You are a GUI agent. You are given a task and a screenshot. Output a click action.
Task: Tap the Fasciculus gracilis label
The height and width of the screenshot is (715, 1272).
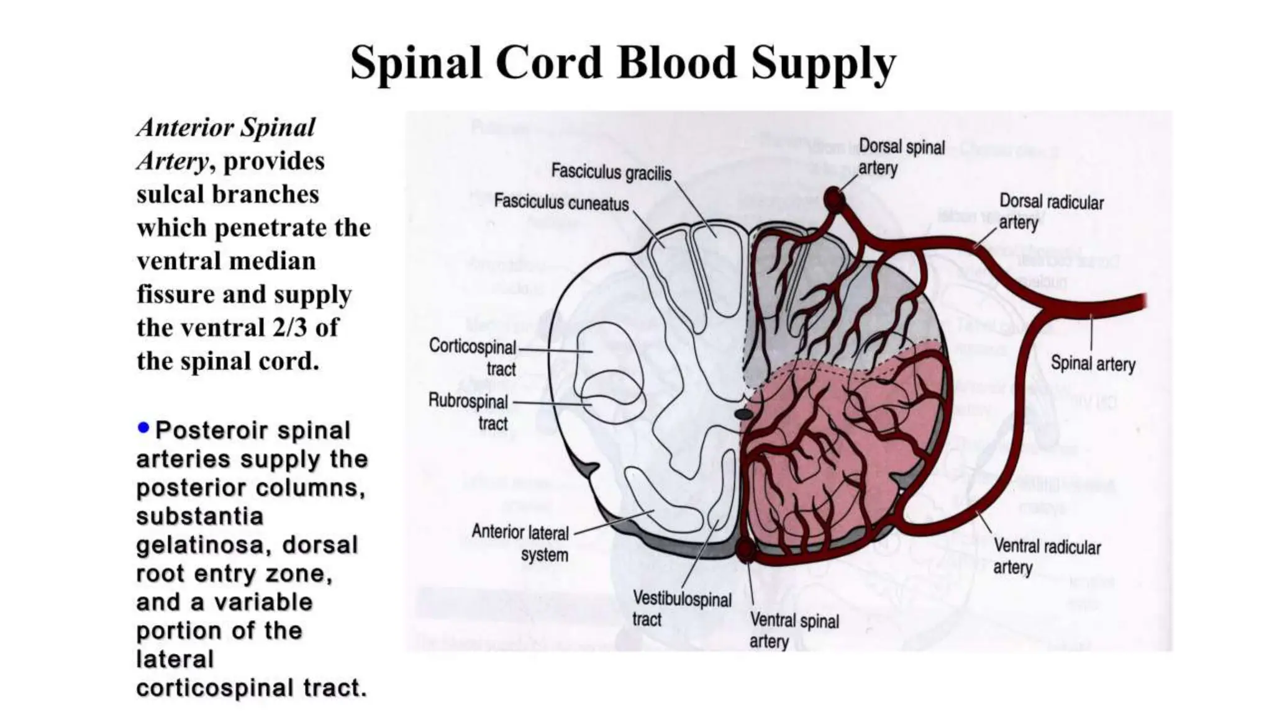point(611,172)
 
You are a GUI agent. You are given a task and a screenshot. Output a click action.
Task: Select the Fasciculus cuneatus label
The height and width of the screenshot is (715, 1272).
point(561,202)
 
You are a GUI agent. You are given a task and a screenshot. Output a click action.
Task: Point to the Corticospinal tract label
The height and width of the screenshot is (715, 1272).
point(473,357)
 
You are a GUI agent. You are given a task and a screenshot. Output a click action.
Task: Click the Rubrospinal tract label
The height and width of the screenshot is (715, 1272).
point(469,412)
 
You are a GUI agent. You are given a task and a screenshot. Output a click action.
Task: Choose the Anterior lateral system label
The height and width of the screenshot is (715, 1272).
point(520,542)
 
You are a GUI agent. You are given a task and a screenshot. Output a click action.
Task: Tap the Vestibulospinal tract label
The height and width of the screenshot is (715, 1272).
point(681,608)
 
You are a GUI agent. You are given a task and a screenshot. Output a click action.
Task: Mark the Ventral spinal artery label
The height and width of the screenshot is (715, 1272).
point(794,630)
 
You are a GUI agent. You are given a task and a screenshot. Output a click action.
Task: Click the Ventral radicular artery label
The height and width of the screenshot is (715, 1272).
point(1047,556)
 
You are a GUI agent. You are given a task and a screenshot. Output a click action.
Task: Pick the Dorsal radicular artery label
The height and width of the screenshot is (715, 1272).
point(1051,212)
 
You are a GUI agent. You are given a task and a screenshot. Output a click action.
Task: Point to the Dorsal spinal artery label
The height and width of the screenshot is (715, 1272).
point(901,157)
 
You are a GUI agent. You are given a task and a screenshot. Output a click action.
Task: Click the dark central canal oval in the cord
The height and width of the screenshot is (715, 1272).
point(743,413)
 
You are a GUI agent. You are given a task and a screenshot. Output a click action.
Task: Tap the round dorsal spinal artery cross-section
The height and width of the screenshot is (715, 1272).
point(834,200)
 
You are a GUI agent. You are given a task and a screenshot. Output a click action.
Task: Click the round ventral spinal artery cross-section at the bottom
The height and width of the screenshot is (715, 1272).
point(745,549)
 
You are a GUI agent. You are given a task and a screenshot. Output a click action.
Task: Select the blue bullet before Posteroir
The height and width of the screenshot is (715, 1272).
point(143,428)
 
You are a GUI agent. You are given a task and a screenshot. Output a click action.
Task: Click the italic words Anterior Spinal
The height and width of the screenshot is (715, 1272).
point(226,128)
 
